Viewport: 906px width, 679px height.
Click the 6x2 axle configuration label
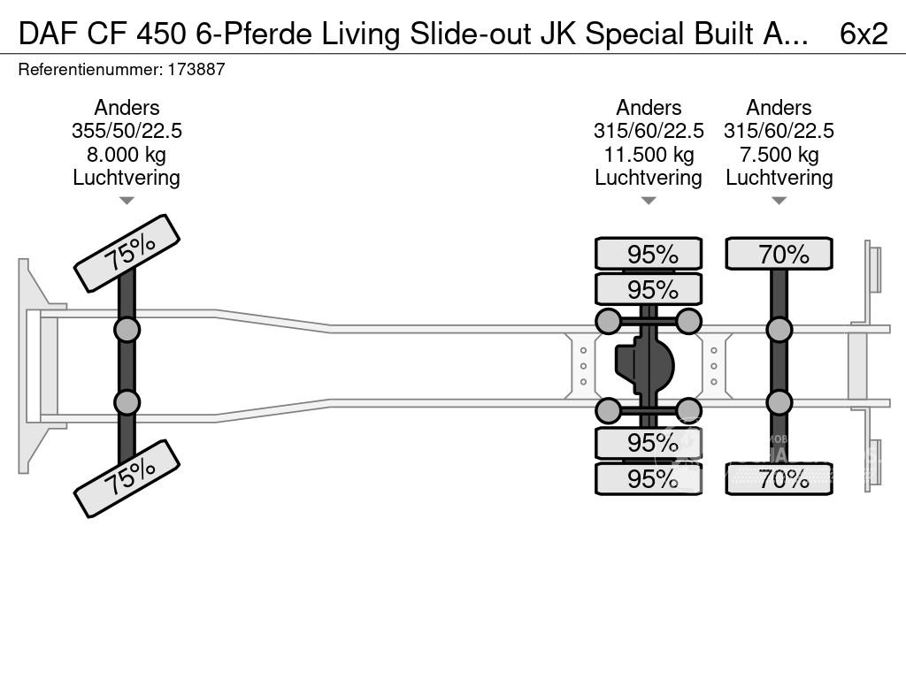point(864,34)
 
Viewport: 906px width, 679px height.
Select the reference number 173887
point(196,69)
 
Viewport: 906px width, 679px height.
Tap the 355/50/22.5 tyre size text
point(127,131)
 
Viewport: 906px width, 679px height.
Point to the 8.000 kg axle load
point(127,155)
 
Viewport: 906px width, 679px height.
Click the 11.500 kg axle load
point(649,155)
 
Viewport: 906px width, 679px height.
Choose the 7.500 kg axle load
point(779,155)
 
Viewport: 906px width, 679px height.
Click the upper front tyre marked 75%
point(127,253)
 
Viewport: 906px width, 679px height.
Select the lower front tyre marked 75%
point(127,478)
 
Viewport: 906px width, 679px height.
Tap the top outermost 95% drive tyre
point(649,254)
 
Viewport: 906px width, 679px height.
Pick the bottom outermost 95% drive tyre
point(649,478)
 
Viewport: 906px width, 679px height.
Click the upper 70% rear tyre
point(779,254)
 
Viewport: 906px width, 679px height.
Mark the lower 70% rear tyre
point(779,478)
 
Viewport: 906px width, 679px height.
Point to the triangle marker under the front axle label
point(127,201)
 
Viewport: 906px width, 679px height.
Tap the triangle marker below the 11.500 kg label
point(649,201)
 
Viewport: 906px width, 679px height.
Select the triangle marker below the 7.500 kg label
point(779,201)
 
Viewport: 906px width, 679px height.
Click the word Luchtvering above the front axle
point(127,178)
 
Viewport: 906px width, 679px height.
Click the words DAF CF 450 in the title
point(103,34)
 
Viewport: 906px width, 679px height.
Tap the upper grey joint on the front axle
point(127,331)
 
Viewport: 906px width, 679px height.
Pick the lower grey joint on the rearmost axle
point(779,402)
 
